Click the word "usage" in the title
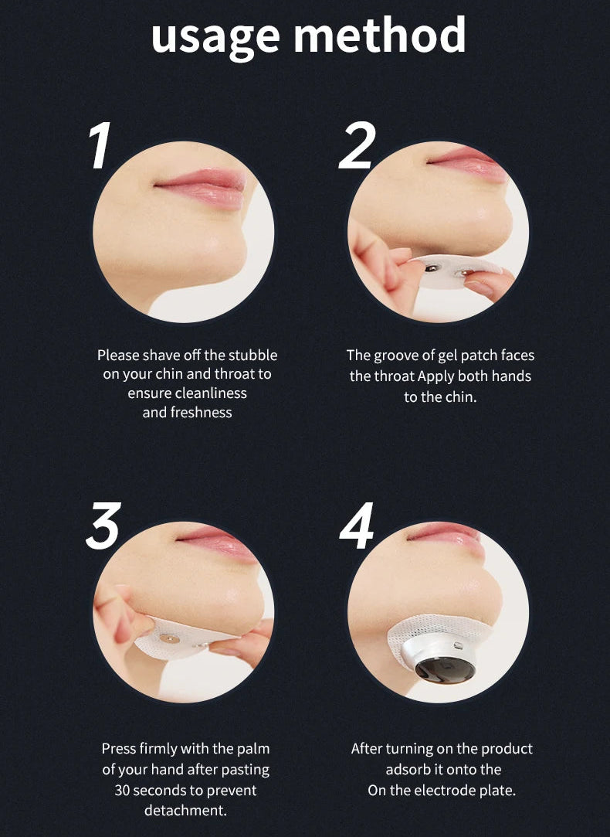point(215,36)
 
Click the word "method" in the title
point(380,33)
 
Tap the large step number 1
point(100,146)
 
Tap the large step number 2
point(358,146)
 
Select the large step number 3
point(103,526)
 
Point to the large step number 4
point(357,526)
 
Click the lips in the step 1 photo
point(202,187)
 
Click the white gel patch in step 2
point(453,272)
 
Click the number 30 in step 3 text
point(123,790)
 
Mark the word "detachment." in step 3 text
point(185,810)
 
